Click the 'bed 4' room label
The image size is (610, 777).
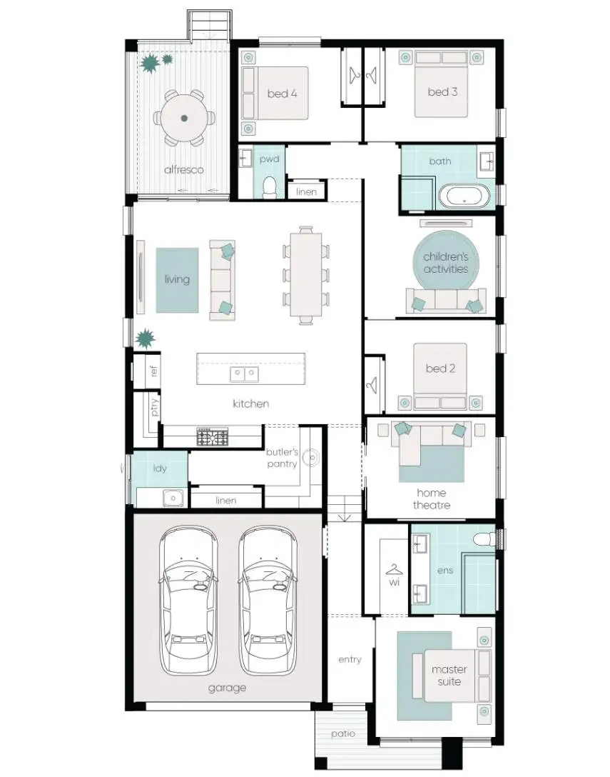(283, 93)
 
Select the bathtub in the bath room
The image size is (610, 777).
(464, 195)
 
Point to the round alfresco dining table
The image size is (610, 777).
(184, 118)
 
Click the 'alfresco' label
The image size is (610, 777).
(184, 169)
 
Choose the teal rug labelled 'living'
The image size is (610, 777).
(177, 279)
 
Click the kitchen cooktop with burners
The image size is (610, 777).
(213, 436)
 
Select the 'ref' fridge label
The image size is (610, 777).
(153, 371)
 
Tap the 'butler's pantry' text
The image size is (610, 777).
(282, 458)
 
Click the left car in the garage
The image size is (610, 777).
(188, 601)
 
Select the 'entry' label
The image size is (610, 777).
(350, 659)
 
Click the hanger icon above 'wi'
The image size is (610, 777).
(393, 569)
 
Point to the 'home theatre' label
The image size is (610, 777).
(431, 498)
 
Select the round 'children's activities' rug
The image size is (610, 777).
(446, 262)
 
